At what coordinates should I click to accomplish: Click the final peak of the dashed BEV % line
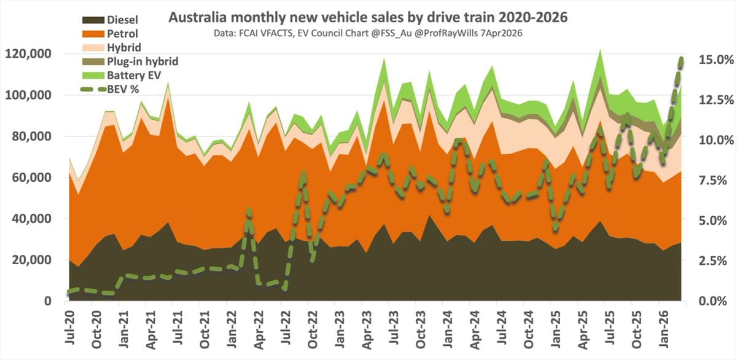point(681,58)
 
